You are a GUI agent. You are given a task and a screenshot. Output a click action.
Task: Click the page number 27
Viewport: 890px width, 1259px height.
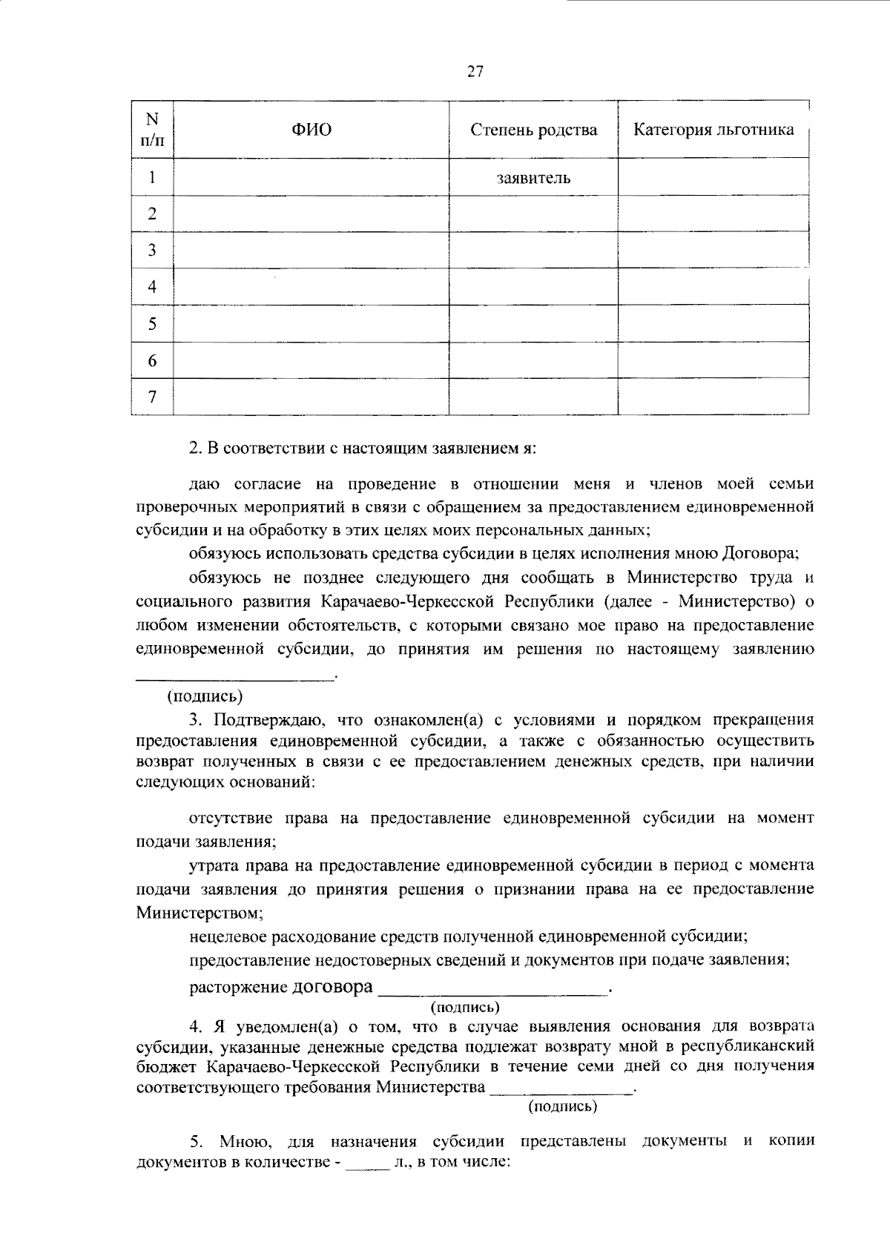[475, 71]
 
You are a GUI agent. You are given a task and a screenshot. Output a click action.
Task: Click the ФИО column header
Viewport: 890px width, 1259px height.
[311, 130]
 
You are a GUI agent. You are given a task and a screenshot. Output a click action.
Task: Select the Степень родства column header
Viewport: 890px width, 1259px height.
[534, 130]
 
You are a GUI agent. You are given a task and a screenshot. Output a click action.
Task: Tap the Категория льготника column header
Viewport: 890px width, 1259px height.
[713, 130]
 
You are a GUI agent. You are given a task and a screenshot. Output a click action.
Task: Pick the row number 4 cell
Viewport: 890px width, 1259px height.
[152, 287]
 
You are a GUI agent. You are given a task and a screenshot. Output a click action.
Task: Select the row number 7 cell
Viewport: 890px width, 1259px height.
[152, 397]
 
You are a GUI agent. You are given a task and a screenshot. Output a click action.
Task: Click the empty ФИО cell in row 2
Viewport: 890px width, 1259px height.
[311, 214]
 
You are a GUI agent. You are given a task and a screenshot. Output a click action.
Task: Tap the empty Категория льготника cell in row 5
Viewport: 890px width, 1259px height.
[713, 324]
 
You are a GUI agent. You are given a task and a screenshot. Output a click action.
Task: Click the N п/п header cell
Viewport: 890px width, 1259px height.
[152, 129]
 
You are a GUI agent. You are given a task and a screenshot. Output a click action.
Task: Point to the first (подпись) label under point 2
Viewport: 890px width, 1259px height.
[205, 696]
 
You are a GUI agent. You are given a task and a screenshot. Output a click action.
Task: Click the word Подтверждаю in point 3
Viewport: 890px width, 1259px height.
[264, 719]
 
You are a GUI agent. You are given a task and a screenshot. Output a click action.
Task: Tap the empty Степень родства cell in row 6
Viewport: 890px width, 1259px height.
[534, 360]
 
